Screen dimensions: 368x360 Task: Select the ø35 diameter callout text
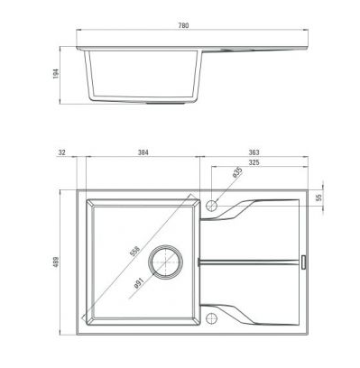pos(237,172)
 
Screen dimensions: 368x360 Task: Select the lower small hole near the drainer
pos(212,316)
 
